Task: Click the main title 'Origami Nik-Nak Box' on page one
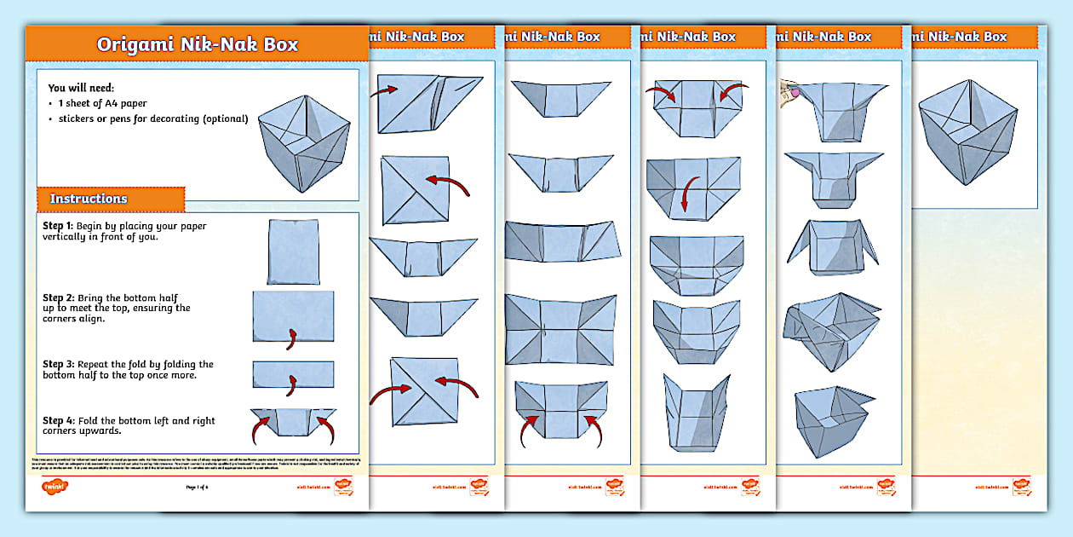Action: pyautogui.click(x=197, y=44)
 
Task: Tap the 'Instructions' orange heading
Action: pyautogui.click(x=89, y=199)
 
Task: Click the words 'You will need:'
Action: pyautogui.click(x=81, y=88)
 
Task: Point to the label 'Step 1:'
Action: pyautogui.click(x=58, y=226)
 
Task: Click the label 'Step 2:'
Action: pyautogui.click(x=58, y=298)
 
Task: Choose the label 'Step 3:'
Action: pyautogui.click(x=58, y=364)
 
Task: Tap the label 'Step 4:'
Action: pyautogui.click(x=58, y=420)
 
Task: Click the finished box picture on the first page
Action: pyautogui.click(x=303, y=136)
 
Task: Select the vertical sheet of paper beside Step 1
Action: pyautogui.click(x=292, y=251)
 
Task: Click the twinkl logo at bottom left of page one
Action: pyautogui.click(x=55, y=488)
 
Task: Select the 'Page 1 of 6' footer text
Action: pyautogui.click(x=197, y=488)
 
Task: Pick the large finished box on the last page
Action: pyautogui.click(x=968, y=132)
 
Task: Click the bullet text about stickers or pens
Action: pyautogui.click(x=153, y=118)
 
